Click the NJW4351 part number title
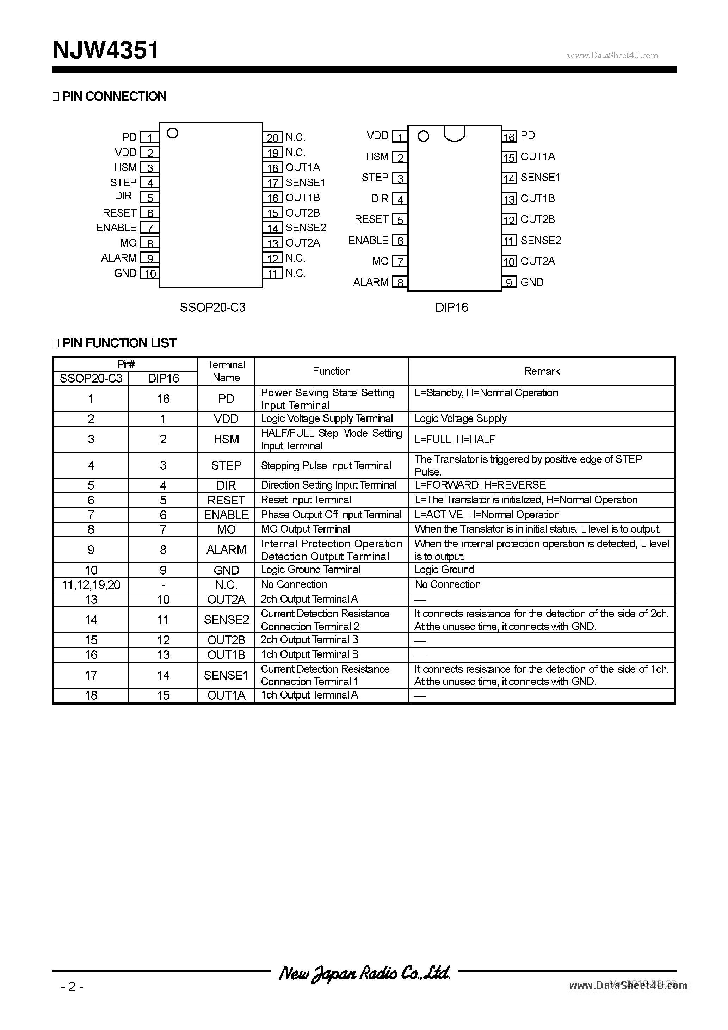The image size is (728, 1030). [105, 50]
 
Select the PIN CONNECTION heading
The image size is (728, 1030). [114, 97]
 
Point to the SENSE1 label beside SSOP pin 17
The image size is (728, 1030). [305, 182]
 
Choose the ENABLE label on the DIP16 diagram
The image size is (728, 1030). [368, 241]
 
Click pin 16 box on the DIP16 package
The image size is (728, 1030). [509, 136]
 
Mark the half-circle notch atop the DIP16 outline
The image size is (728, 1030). [454, 134]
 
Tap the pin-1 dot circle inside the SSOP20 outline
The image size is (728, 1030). [172, 133]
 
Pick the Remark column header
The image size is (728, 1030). [542, 371]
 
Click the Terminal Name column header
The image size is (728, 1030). [226, 371]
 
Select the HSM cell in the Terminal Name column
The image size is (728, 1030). [226, 439]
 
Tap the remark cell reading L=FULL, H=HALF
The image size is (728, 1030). [455, 440]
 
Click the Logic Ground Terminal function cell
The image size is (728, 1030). [310, 570]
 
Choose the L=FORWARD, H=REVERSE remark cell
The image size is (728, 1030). [480, 485]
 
